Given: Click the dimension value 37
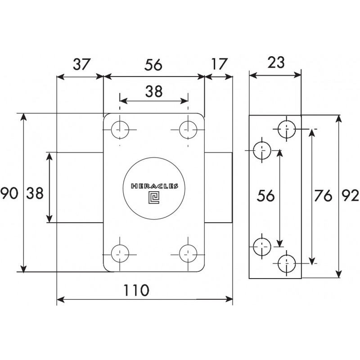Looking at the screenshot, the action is (82, 64).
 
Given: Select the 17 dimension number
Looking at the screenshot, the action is (220, 64).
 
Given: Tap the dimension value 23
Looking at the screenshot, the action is (276, 62).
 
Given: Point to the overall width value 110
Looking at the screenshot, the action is (136, 290).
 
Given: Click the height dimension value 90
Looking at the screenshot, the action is (9, 193).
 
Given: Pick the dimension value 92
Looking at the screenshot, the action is (350, 196).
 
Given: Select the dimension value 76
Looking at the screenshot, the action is (323, 196).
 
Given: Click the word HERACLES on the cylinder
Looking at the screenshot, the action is (154, 186).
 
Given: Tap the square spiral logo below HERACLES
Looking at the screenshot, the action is (154, 198).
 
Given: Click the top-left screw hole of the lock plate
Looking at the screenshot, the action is (120, 130).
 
